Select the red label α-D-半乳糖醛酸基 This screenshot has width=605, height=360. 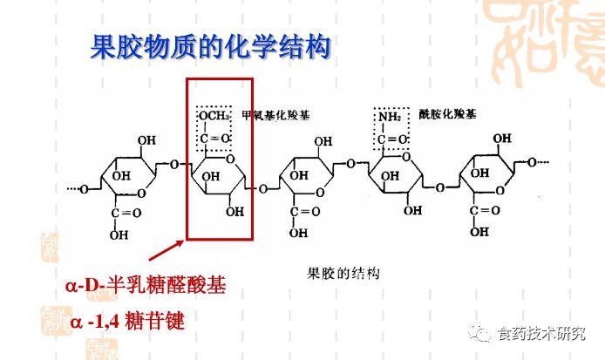[145, 286]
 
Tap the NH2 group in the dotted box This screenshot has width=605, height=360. [389, 116]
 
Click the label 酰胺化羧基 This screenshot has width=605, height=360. [447, 114]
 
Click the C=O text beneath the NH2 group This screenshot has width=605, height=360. [391, 139]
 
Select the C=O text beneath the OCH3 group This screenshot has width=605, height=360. [214, 139]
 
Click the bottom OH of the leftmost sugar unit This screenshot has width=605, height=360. [119, 234]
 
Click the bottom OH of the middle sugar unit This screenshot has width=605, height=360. [299, 234]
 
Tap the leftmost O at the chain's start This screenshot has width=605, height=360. [84, 188]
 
